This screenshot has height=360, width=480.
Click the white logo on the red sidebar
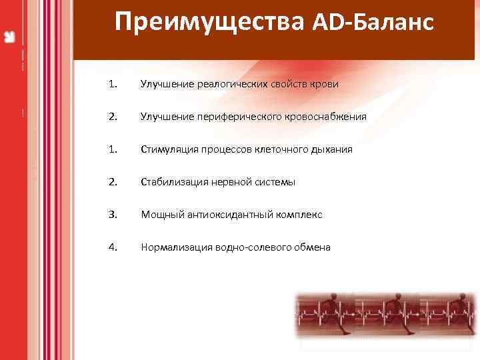10,36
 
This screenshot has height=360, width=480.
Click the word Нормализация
175,247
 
